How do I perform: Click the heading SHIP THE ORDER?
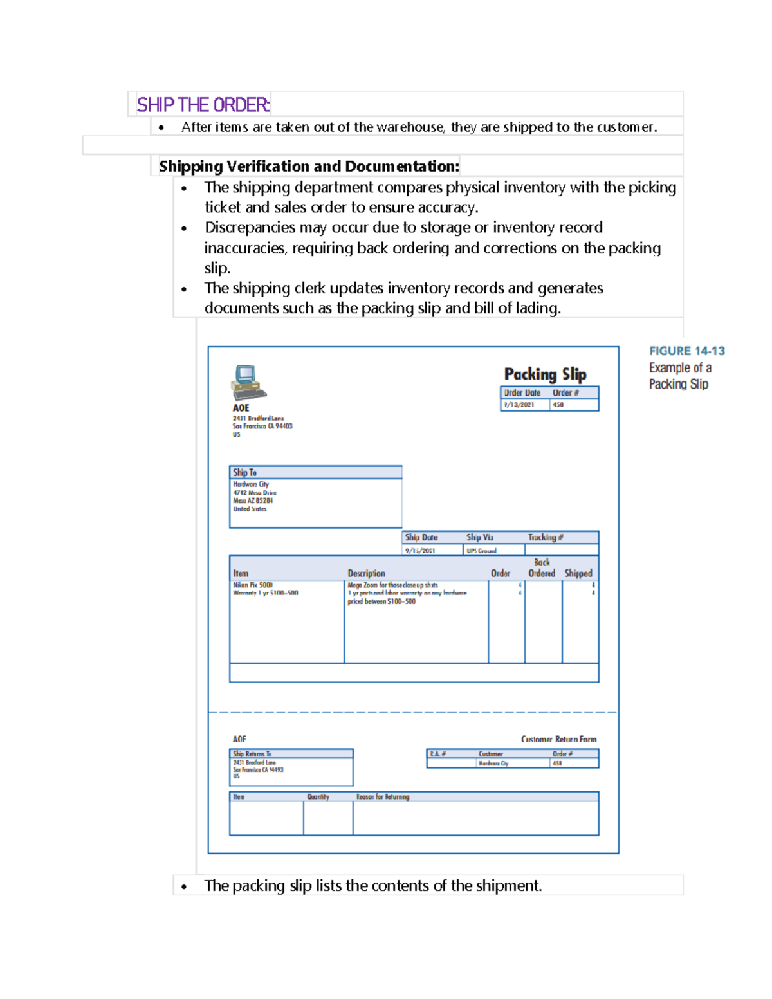203,105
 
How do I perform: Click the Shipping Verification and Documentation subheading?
309,167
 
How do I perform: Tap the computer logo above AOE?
248,383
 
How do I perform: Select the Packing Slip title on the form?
545,374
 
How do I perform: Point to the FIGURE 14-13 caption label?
686,351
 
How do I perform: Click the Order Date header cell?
522,393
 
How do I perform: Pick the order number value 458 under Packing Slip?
558,405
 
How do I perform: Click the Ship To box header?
244,473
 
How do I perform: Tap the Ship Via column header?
480,538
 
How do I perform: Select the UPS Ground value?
481,551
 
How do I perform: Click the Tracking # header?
546,538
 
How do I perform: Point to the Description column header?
366,573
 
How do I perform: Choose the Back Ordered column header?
542,568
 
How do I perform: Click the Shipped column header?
578,573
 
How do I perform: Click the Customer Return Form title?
558,740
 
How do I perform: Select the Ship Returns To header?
252,754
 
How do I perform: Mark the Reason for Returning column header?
383,797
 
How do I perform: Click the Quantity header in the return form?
318,797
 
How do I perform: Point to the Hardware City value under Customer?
493,764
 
